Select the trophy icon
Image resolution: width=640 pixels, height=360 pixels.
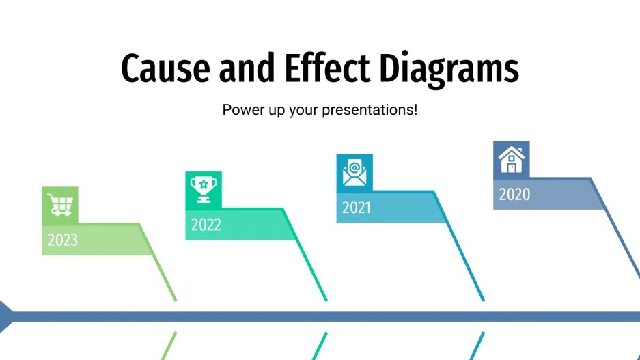coord(204,189)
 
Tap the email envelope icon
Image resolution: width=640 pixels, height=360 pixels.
coord(354,172)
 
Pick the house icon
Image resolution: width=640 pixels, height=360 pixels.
coord(511,159)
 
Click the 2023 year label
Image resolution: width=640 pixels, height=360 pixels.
coord(62,240)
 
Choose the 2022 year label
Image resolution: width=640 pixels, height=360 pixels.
coord(206,225)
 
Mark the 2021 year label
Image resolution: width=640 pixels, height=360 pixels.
coord(357,208)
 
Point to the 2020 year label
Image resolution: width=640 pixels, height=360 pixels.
coord(514,195)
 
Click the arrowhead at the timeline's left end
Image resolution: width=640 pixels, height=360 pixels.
coord(5,316)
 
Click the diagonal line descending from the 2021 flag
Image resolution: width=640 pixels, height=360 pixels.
coord(466,263)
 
